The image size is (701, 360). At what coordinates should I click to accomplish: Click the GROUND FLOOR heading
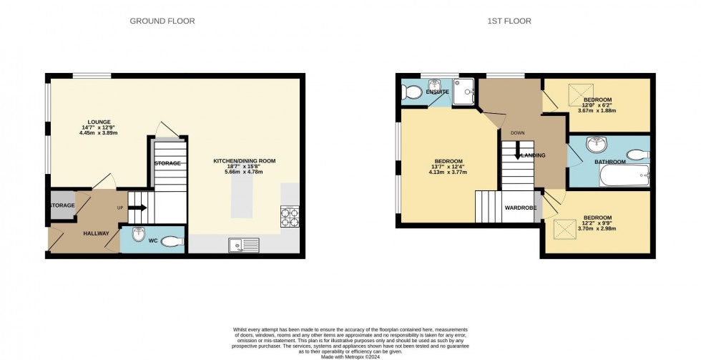pyautogui.click(x=162, y=21)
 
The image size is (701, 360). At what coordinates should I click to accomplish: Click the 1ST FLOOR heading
pyautogui.click(x=509, y=21)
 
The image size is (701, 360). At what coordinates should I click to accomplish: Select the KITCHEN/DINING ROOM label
pyautogui.click(x=244, y=161)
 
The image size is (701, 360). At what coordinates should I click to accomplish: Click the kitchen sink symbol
pyautogui.click(x=244, y=245)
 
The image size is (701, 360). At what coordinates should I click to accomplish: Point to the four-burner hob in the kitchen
pyautogui.click(x=290, y=217)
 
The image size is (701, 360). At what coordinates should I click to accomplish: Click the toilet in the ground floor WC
pyautogui.click(x=171, y=241)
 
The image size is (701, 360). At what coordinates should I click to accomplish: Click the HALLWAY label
pyautogui.click(x=96, y=233)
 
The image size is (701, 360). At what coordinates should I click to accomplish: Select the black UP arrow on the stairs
pyautogui.click(x=139, y=208)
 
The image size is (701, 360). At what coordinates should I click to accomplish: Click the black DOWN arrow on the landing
pyautogui.click(x=518, y=153)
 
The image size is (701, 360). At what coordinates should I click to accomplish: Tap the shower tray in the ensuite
pyautogui.click(x=464, y=91)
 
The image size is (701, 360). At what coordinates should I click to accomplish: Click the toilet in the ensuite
pyautogui.click(x=411, y=92)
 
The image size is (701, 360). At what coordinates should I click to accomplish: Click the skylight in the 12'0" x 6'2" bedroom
pyautogui.click(x=577, y=94)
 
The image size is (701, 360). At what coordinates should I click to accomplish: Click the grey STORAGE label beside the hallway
pyautogui.click(x=62, y=205)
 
